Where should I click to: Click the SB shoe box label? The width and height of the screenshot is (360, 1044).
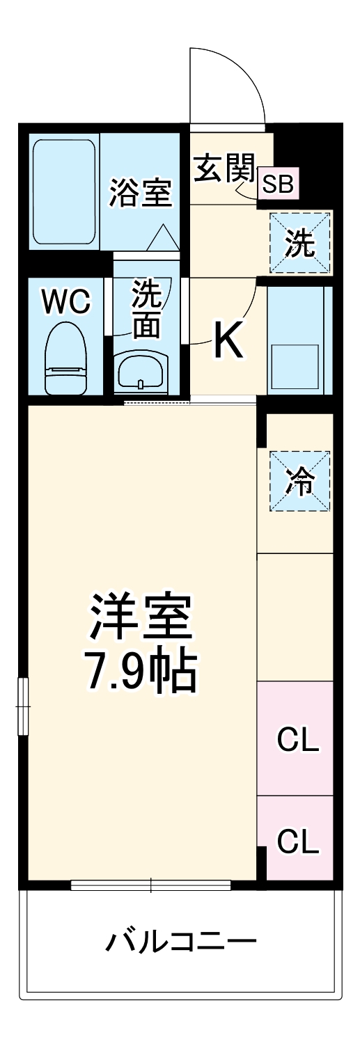tap(277, 184)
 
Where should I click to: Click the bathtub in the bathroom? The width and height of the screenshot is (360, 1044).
tap(64, 192)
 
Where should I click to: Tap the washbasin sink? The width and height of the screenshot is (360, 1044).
tap(142, 372)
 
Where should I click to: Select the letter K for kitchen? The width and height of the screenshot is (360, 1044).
tap(229, 340)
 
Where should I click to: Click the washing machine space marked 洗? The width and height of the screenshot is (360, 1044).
tap(300, 242)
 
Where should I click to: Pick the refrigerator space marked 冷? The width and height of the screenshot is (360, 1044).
tap(300, 482)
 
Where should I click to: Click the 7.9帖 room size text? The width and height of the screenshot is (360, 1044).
tap(140, 671)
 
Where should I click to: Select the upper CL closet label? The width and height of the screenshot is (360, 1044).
tap(297, 740)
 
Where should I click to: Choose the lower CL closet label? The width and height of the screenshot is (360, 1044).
tap(297, 842)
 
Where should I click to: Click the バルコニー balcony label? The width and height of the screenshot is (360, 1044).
tap(181, 943)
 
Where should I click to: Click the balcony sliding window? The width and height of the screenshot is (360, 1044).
tap(150, 885)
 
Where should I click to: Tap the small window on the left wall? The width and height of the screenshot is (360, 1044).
tap(24, 706)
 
